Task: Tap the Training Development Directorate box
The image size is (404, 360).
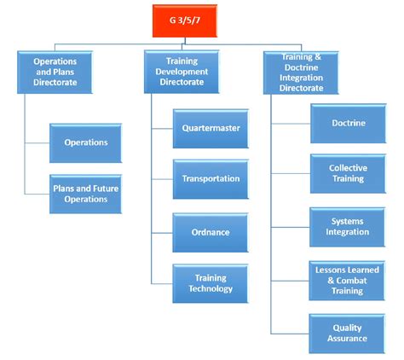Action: click(x=187, y=72)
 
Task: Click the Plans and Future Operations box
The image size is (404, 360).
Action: click(x=85, y=193)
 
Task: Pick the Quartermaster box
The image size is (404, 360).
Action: click(x=211, y=128)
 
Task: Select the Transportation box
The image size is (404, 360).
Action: click(x=211, y=179)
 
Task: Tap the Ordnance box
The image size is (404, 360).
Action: click(x=211, y=231)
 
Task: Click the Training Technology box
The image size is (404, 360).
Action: click(x=211, y=283)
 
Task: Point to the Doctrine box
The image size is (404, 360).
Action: click(x=348, y=123)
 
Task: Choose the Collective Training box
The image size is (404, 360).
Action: click(x=348, y=174)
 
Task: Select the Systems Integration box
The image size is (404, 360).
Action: click(x=348, y=226)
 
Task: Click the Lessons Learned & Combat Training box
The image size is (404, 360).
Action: click(x=348, y=279)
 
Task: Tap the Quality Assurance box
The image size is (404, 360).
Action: click(x=348, y=332)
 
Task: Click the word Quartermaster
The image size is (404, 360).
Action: click(x=211, y=128)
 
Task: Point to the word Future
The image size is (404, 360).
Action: click(x=105, y=188)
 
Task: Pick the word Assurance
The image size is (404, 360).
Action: click(x=348, y=338)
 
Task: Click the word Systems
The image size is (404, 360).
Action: click(x=348, y=221)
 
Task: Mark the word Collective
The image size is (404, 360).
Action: click(x=348, y=168)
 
